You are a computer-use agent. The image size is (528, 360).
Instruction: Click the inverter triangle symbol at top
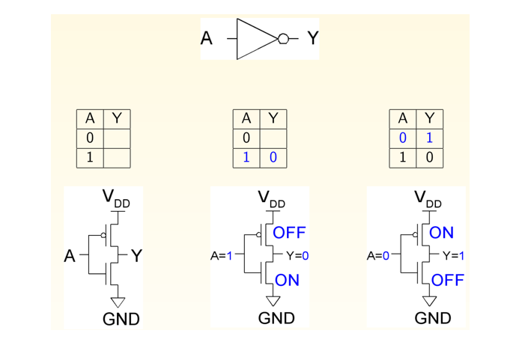click(256, 38)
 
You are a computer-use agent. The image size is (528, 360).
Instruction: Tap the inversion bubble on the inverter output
click(282, 38)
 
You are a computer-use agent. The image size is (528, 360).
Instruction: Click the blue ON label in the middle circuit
click(287, 280)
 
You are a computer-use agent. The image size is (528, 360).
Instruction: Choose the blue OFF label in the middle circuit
click(289, 233)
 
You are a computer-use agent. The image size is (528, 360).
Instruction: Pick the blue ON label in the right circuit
click(442, 233)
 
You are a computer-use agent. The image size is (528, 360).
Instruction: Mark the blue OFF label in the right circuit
click(448, 280)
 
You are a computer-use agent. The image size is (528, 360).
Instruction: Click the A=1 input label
click(222, 256)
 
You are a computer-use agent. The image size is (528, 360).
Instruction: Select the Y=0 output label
click(297, 256)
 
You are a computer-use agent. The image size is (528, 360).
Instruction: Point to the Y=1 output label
click(453, 256)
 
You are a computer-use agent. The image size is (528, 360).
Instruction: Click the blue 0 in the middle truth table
click(273, 158)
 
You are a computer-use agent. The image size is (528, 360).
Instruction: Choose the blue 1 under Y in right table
click(429, 138)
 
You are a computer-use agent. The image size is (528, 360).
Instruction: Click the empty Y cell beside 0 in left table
click(117, 138)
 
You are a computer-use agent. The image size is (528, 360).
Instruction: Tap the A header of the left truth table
click(90, 119)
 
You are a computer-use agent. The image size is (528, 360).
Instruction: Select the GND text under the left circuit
click(121, 320)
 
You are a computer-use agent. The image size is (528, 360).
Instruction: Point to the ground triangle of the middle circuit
click(273, 301)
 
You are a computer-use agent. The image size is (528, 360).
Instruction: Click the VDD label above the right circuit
click(428, 199)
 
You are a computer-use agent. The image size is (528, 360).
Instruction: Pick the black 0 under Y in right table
click(429, 158)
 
